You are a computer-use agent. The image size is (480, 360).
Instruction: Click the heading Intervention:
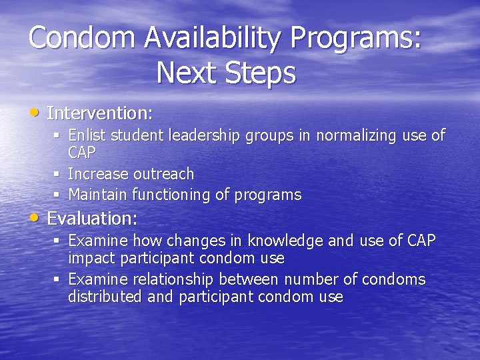[x=100, y=112]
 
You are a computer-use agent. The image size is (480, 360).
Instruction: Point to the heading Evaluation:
[x=92, y=218]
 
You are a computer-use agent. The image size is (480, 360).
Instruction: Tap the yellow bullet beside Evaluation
[x=36, y=218]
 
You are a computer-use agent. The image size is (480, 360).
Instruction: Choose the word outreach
[x=163, y=174]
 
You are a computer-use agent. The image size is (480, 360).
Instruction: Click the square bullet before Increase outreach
[x=57, y=175]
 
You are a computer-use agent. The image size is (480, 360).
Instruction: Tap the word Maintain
[x=99, y=195]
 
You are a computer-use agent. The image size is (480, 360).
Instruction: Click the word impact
[x=89, y=258]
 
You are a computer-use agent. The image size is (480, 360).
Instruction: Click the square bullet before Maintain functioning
[x=57, y=196]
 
